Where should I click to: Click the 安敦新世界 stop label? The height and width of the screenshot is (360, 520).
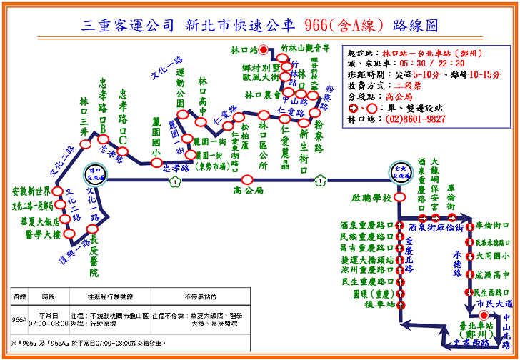(32, 192)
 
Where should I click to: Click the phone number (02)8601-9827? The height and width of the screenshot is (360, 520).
(416, 119)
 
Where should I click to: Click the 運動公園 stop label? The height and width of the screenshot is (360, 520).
(180, 94)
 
